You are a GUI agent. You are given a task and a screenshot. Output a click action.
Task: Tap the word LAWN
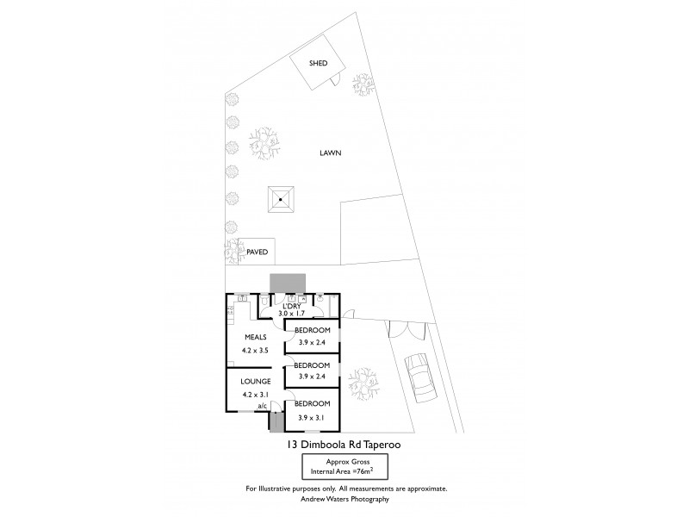pyautogui.click(x=329, y=153)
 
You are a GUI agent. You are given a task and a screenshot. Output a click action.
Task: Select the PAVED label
pyautogui.click(x=258, y=252)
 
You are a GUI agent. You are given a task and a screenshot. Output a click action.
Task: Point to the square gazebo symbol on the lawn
pyautogui.click(x=280, y=199)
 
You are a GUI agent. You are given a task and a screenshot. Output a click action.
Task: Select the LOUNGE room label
pyautogui.click(x=257, y=381)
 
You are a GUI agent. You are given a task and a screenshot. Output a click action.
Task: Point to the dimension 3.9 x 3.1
pyautogui.click(x=313, y=417)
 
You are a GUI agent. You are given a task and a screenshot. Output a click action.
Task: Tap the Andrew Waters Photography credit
pyautogui.click(x=344, y=499)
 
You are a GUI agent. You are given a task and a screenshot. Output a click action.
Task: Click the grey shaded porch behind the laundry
pyautogui.click(x=287, y=284)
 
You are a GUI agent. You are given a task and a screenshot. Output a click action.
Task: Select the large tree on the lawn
pyautogui.click(x=265, y=142)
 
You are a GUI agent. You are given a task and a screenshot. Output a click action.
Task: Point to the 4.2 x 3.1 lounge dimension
pyautogui.click(x=257, y=395)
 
